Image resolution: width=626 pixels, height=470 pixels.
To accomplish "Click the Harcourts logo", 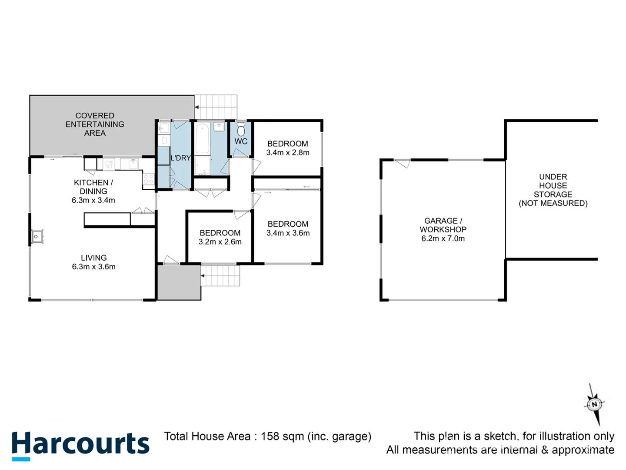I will [80, 445].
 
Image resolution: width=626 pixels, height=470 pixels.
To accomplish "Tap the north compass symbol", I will [594, 404].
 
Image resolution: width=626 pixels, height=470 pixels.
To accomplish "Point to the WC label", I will [241, 141].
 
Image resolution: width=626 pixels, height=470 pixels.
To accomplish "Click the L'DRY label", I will [180, 158].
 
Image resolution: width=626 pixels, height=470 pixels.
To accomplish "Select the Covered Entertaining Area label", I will [95, 124].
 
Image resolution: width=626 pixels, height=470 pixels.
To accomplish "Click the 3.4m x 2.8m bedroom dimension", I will [288, 153].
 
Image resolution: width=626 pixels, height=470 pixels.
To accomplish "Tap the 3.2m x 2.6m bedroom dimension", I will [220, 242].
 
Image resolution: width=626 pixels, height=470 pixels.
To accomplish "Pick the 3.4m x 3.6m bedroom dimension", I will [288, 233].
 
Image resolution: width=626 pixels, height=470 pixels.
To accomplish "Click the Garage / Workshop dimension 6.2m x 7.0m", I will [443, 238].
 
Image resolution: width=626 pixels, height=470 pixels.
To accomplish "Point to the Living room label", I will [93, 258].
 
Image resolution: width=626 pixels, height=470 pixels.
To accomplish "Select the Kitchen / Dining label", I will [93, 187].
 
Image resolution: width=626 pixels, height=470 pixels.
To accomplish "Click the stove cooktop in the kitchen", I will [148, 180].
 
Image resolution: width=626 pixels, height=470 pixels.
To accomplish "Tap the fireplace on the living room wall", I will [37, 236].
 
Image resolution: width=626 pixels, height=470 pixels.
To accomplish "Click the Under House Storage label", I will [553, 190].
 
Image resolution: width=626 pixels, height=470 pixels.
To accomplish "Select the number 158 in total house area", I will [270, 436].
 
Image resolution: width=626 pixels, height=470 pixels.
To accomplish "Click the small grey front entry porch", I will [179, 282].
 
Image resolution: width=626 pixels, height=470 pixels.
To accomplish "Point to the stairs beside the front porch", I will [220, 275].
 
